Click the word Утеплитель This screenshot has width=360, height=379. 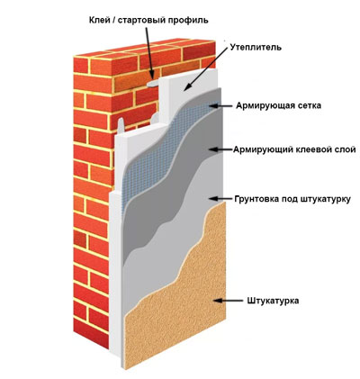(256, 48)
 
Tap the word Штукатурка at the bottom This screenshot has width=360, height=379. (273, 301)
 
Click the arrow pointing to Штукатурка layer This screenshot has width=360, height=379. (228, 301)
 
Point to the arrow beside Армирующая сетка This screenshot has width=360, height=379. (220, 105)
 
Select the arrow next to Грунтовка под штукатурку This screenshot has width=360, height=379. (220, 198)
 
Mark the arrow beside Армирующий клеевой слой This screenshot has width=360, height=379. (220, 149)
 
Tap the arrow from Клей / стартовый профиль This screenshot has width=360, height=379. (149, 53)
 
